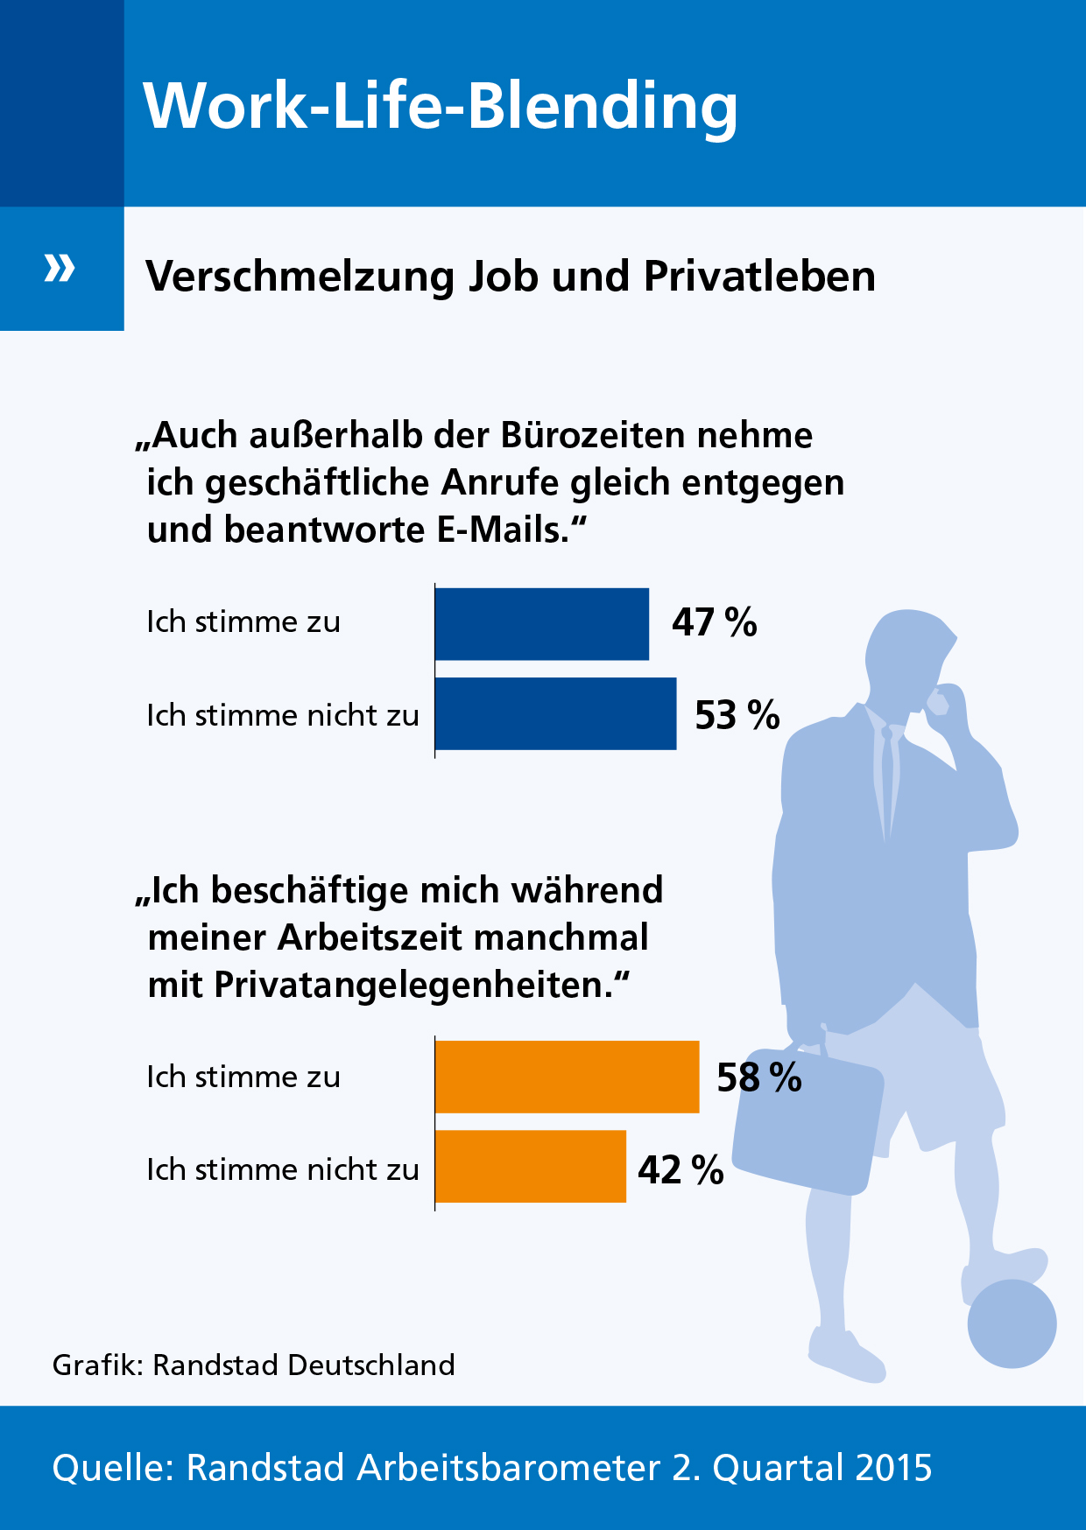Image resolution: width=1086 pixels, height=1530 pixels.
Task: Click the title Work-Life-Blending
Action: tap(441, 106)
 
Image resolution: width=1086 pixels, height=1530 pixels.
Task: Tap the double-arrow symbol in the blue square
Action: tap(60, 268)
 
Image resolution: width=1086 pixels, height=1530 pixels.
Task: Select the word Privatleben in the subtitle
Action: tap(759, 277)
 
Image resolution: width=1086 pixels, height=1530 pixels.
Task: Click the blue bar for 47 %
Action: tap(542, 623)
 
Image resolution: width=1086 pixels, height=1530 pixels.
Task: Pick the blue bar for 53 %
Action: tap(555, 713)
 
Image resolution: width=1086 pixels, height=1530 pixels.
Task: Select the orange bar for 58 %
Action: tap(567, 1077)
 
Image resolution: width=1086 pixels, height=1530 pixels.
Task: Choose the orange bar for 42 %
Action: tap(531, 1167)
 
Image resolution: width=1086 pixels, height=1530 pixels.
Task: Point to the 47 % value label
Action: tap(714, 622)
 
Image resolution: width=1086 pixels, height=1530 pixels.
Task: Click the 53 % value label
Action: tap(737, 715)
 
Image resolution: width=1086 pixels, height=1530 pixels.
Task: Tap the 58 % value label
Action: tap(758, 1077)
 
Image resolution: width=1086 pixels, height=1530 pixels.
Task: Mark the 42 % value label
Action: tap(681, 1170)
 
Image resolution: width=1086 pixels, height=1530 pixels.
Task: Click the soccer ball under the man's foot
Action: tap(1012, 1323)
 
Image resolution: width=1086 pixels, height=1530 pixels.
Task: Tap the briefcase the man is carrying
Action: tap(806, 1120)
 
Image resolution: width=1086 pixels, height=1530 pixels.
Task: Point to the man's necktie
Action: tap(889, 779)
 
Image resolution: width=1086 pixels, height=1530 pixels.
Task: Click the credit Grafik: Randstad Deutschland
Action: tap(254, 1365)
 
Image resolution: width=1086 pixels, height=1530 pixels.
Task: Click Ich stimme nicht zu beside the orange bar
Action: tap(282, 1170)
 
